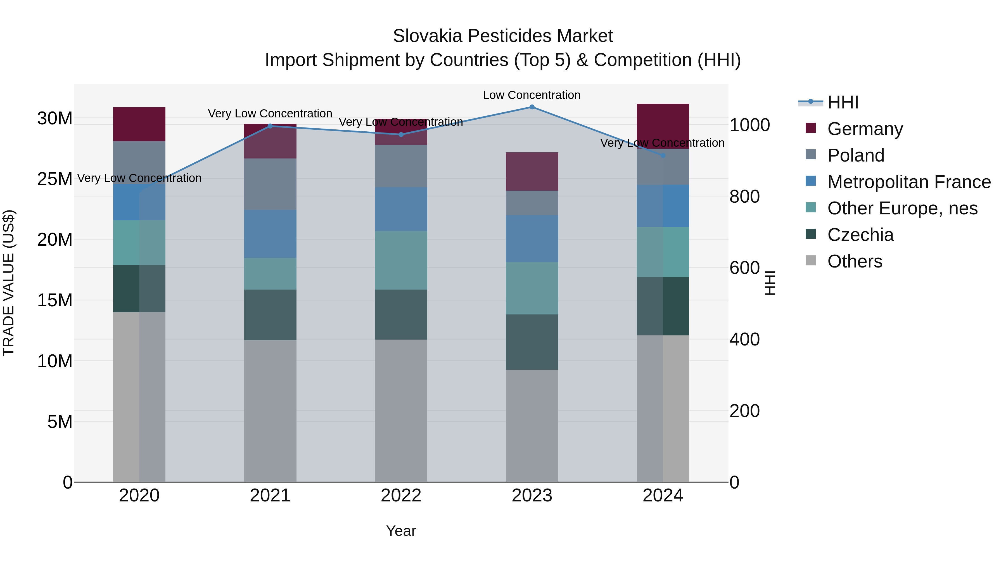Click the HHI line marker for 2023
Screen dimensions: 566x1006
(x=532, y=107)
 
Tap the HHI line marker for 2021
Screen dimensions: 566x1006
(x=270, y=126)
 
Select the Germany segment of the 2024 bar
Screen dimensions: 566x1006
(x=663, y=126)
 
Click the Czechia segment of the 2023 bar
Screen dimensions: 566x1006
(x=532, y=342)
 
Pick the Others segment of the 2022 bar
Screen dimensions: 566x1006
(x=401, y=410)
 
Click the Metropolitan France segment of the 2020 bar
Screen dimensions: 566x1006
(x=139, y=202)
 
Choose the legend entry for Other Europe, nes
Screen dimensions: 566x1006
(x=902, y=208)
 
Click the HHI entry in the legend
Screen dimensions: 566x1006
(x=843, y=102)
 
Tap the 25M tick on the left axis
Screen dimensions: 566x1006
(x=55, y=179)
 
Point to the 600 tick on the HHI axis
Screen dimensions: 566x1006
(x=744, y=268)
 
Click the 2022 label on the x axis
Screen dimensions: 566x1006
(x=401, y=496)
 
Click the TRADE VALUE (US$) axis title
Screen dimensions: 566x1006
(x=9, y=283)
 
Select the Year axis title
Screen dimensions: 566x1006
(x=401, y=531)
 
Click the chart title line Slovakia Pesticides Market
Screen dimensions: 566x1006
(x=503, y=36)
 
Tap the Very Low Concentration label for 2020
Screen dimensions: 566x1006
(x=139, y=178)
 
